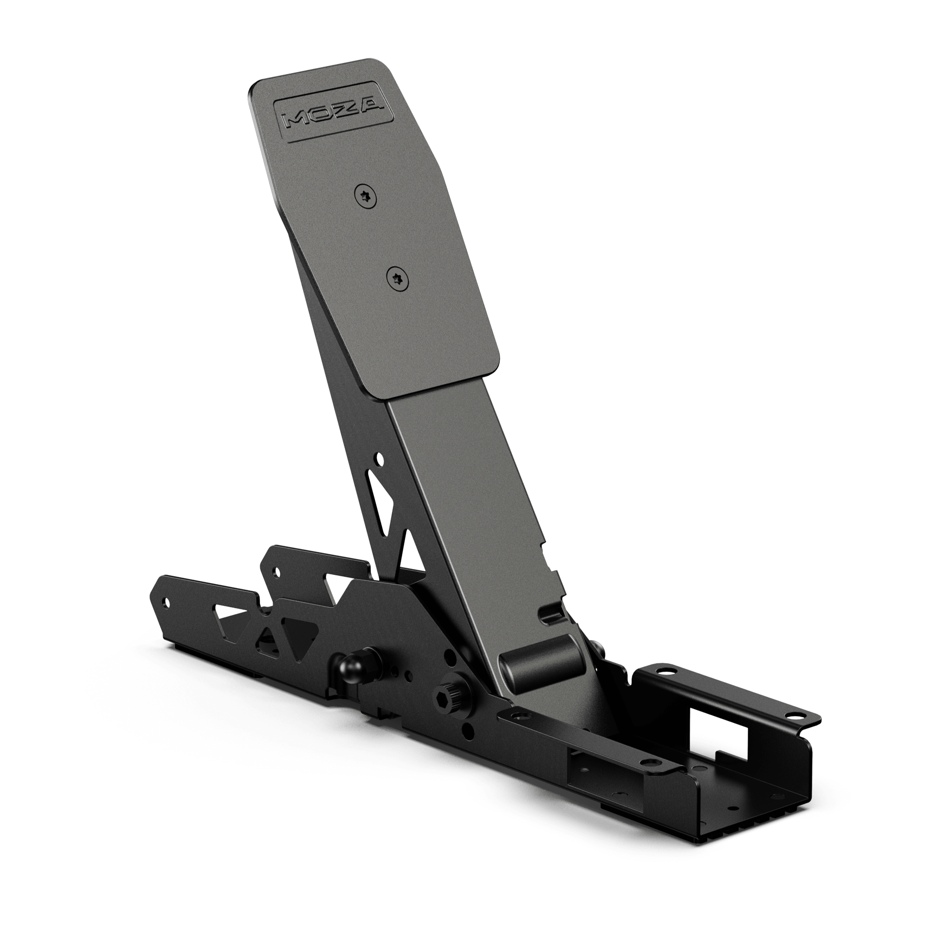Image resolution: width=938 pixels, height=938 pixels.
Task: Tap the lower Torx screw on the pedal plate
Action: point(398,279)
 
